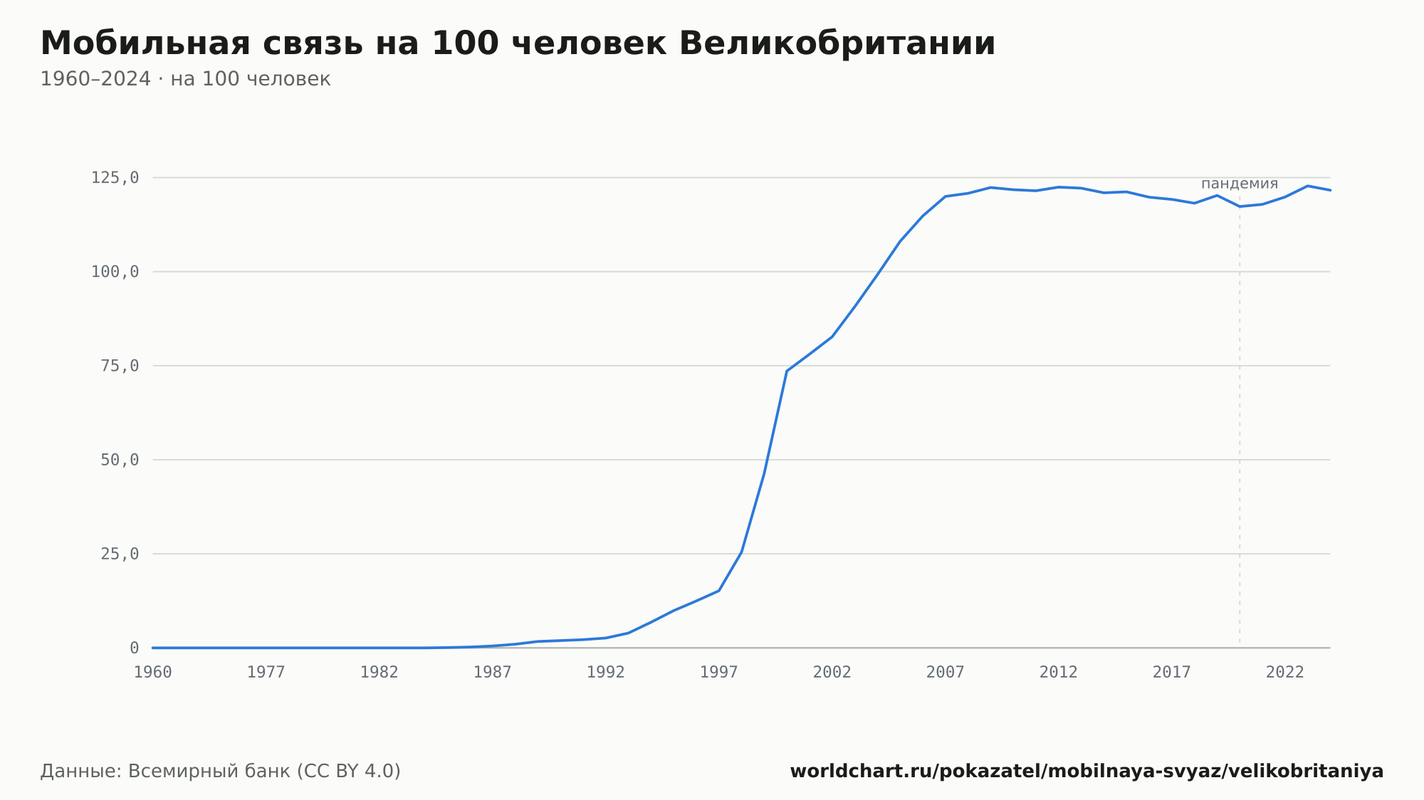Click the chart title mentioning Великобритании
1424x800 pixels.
pos(518,43)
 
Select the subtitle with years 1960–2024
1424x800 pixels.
pos(185,79)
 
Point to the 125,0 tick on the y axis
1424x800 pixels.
pos(115,178)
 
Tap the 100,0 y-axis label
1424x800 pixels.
pos(115,272)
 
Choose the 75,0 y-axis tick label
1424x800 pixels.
pos(120,366)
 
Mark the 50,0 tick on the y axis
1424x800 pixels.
pos(120,460)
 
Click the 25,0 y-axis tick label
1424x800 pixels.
pos(120,554)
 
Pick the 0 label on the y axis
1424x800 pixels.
pos(134,648)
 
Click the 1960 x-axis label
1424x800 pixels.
pos(153,673)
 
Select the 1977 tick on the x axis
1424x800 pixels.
pos(266,673)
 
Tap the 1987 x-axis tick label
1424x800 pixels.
pos(493,673)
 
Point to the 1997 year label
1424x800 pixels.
pos(719,673)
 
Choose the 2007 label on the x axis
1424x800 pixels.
pos(946,673)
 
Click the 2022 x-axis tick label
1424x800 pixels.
pos(1285,673)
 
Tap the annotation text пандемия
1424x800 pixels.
pos(1240,184)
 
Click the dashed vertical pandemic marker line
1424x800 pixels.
pos(1240,420)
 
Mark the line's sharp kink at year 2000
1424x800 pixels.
pos(787,371)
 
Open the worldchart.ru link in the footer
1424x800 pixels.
pos(1087,772)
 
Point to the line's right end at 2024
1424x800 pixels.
pos(1330,190)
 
